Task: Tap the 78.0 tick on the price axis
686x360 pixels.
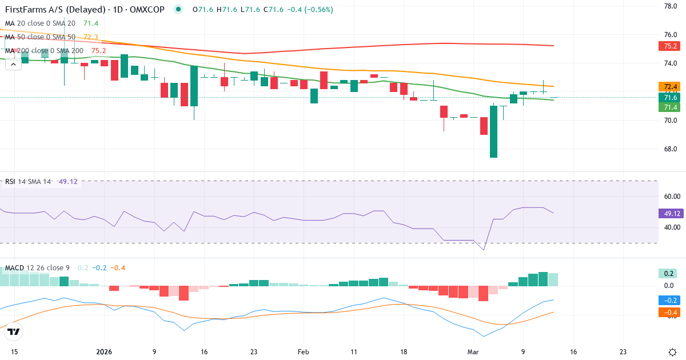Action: pyautogui.click(x=670, y=6)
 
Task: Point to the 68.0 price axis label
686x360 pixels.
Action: pyautogui.click(x=670, y=149)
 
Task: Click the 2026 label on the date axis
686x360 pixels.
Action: pyautogui.click(x=104, y=352)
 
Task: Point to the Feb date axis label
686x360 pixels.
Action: pyautogui.click(x=304, y=352)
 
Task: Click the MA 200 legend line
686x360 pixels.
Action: pyautogui.click(x=44, y=50)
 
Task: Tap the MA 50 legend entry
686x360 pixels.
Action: pyautogui.click(x=40, y=37)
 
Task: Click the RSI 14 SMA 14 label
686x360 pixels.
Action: pyautogui.click(x=27, y=182)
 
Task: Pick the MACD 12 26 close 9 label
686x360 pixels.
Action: pyautogui.click(x=38, y=268)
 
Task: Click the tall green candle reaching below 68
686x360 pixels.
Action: pyautogui.click(x=493, y=131)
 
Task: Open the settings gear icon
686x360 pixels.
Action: pyautogui.click(x=672, y=352)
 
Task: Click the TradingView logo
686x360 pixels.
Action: pyautogui.click(x=13, y=331)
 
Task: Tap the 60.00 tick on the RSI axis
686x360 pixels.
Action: pyautogui.click(x=669, y=197)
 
